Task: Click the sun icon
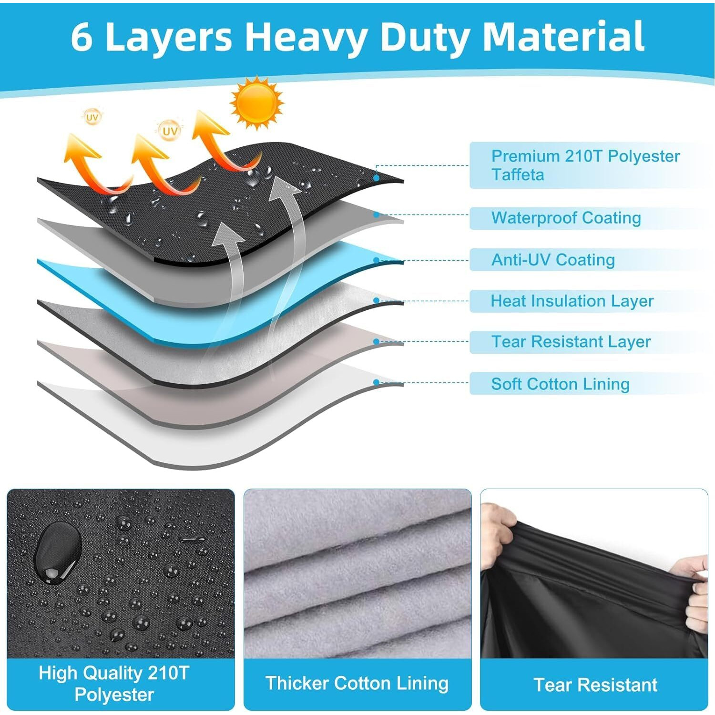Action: pos(256,102)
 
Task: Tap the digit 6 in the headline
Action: pos(82,37)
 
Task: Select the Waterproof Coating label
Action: pos(566,218)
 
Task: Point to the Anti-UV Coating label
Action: pos(553,260)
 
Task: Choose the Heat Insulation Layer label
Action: pos(572,301)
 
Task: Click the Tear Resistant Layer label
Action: pos(571,342)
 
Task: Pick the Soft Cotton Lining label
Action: pos(560,384)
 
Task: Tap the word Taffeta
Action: pos(518,175)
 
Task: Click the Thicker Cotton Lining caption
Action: pos(357,683)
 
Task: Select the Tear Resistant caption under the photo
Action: pos(595,685)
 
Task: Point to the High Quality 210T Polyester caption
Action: pos(114,684)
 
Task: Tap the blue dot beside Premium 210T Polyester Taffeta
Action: pos(376,178)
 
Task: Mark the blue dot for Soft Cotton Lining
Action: pos(376,382)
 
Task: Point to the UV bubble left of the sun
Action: pos(170,131)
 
